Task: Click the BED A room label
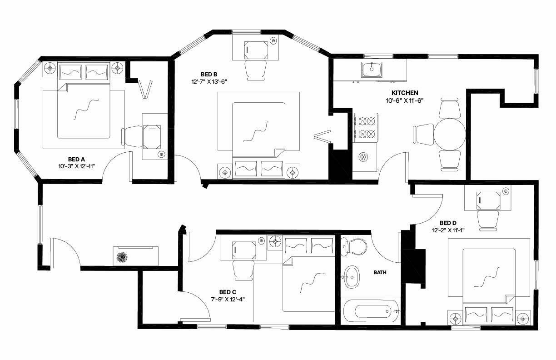76,159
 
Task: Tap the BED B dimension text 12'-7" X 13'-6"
209,81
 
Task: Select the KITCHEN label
405,93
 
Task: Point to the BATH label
380,273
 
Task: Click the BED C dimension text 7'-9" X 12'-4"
228,299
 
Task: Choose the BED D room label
448,223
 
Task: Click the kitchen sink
372,70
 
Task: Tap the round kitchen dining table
450,135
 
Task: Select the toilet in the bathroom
353,247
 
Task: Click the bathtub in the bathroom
372,311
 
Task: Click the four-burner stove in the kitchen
366,127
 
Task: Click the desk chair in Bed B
255,70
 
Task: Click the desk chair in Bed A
132,136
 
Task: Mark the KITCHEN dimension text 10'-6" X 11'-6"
404,100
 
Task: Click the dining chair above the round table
449,108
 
